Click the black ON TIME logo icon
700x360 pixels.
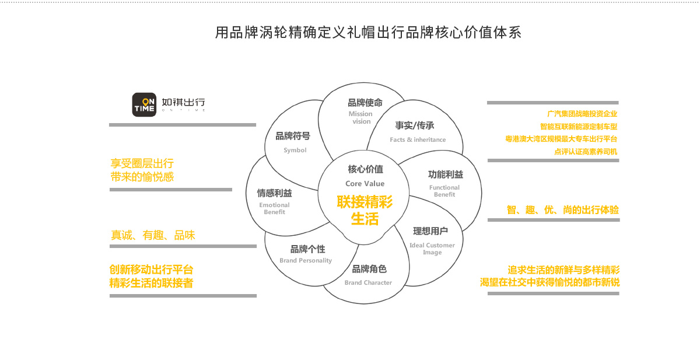click(143, 104)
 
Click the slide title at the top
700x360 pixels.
click(368, 33)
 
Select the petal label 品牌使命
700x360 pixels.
click(365, 103)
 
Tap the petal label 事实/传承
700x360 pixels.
click(414, 125)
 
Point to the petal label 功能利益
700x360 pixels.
click(445, 174)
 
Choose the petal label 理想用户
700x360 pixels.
click(430, 231)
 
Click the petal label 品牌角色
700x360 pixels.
click(369, 269)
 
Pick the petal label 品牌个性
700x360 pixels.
click(307, 249)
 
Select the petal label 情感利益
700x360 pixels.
click(274, 193)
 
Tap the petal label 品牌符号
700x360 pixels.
click(293, 136)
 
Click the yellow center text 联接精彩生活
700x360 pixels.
click(365, 211)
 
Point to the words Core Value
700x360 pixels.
click(365, 184)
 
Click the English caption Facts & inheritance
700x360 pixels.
click(418, 140)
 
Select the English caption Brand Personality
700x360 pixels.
click(306, 261)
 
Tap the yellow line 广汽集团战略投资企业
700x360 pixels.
click(582, 114)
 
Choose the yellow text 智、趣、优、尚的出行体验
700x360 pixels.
click(562, 210)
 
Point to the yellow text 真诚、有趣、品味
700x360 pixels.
click(153, 236)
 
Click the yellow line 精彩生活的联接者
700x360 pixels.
click(151, 283)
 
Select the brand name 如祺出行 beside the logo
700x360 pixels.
click(183, 102)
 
